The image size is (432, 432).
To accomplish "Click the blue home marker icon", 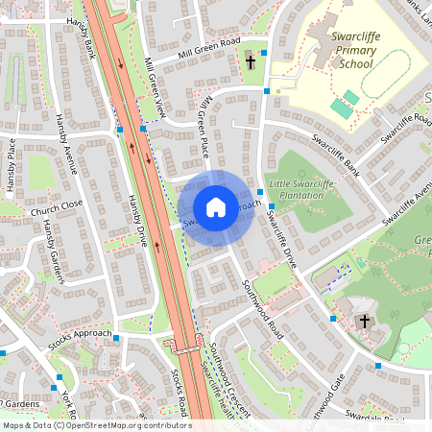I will pyautogui.click(x=216, y=207).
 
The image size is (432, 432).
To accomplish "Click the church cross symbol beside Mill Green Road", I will pyautogui.click(x=251, y=62).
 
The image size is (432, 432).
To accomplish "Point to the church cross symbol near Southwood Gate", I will pyautogui.click(x=364, y=321).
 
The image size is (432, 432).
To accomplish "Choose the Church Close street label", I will pyautogui.click(x=57, y=208).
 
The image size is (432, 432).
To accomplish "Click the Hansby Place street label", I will pyautogui.click(x=12, y=166).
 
